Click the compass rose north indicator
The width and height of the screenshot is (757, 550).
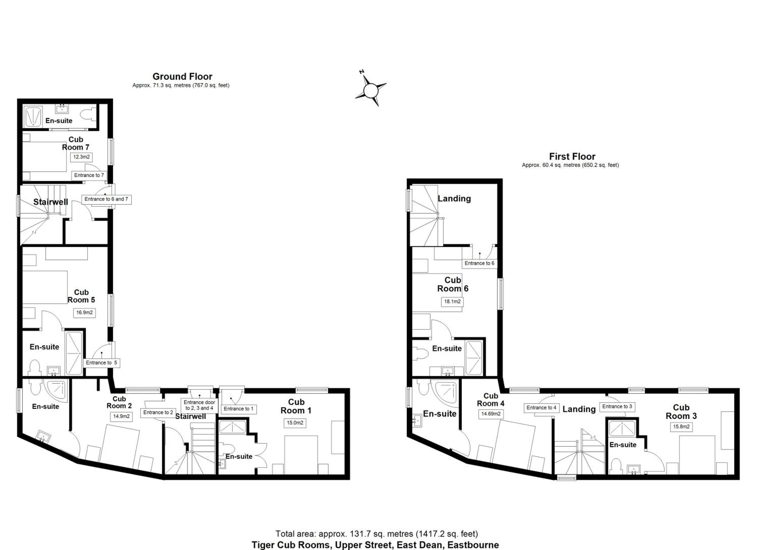pos(362,72)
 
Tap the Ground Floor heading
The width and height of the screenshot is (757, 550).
pos(182,77)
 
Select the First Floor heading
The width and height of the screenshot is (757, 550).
pos(572,156)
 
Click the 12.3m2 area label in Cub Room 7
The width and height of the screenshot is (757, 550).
pos(82,157)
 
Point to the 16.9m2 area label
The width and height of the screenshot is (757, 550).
pos(85,313)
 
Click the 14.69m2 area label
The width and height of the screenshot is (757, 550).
pos(491,414)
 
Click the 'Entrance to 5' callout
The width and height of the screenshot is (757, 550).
pos(101,363)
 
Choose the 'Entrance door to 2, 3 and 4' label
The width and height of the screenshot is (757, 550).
pos(199,405)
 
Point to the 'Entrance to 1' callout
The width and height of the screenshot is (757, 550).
pos(238,409)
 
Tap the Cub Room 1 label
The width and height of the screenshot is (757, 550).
pos(296,406)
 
